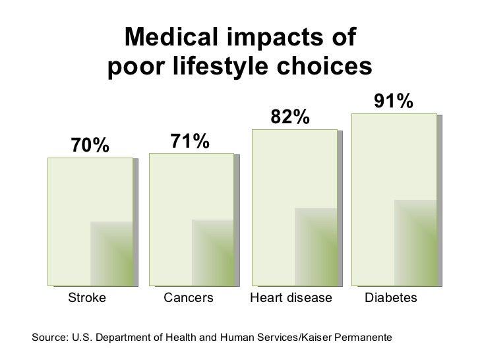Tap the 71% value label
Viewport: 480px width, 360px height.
(x=190, y=140)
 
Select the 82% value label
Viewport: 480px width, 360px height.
(x=288, y=117)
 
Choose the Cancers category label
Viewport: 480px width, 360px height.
(x=189, y=298)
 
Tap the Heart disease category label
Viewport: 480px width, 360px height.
(x=291, y=298)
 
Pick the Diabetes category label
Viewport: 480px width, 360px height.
(x=391, y=298)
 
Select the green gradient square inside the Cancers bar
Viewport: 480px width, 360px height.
(x=212, y=252)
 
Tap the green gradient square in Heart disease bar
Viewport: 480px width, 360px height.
(x=315, y=246)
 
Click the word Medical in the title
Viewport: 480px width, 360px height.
(x=165, y=39)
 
